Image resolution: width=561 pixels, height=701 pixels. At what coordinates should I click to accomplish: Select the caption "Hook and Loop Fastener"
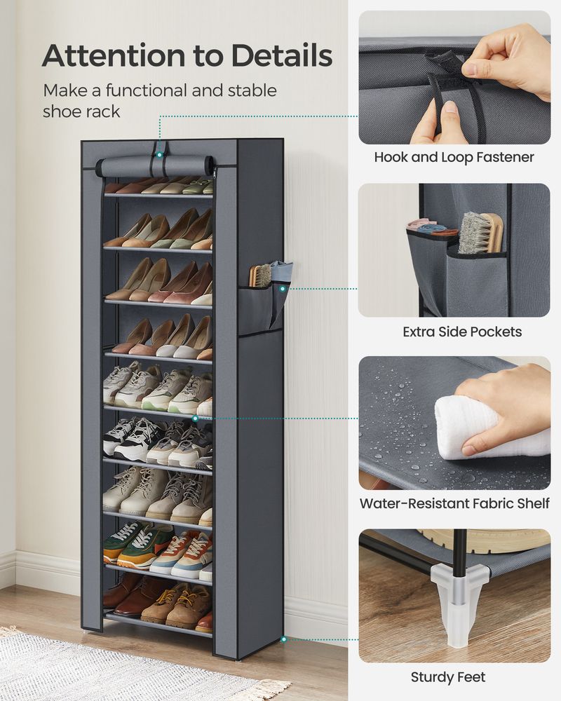pyautogui.click(x=454, y=157)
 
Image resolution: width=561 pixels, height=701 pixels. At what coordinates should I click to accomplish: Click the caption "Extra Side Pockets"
pyautogui.click(x=462, y=332)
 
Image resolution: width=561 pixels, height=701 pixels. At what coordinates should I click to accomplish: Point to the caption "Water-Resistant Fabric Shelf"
pyautogui.click(x=454, y=503)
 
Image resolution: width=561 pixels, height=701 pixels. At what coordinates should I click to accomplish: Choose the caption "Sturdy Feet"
pyautogui.click(x=448, y=677)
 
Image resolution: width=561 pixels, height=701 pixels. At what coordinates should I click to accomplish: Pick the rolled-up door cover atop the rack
pyautogui.click(x=156, y=166)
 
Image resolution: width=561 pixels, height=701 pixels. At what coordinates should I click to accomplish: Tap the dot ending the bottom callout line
pyautogui.click(x=284, y=639)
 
